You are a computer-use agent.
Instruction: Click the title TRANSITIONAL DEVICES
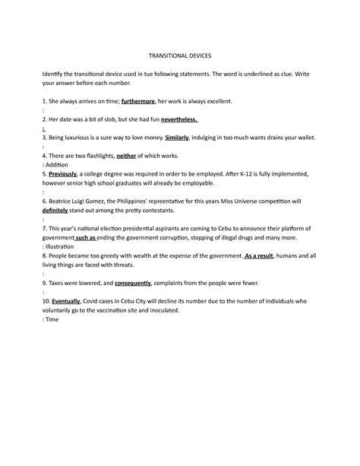179,56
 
